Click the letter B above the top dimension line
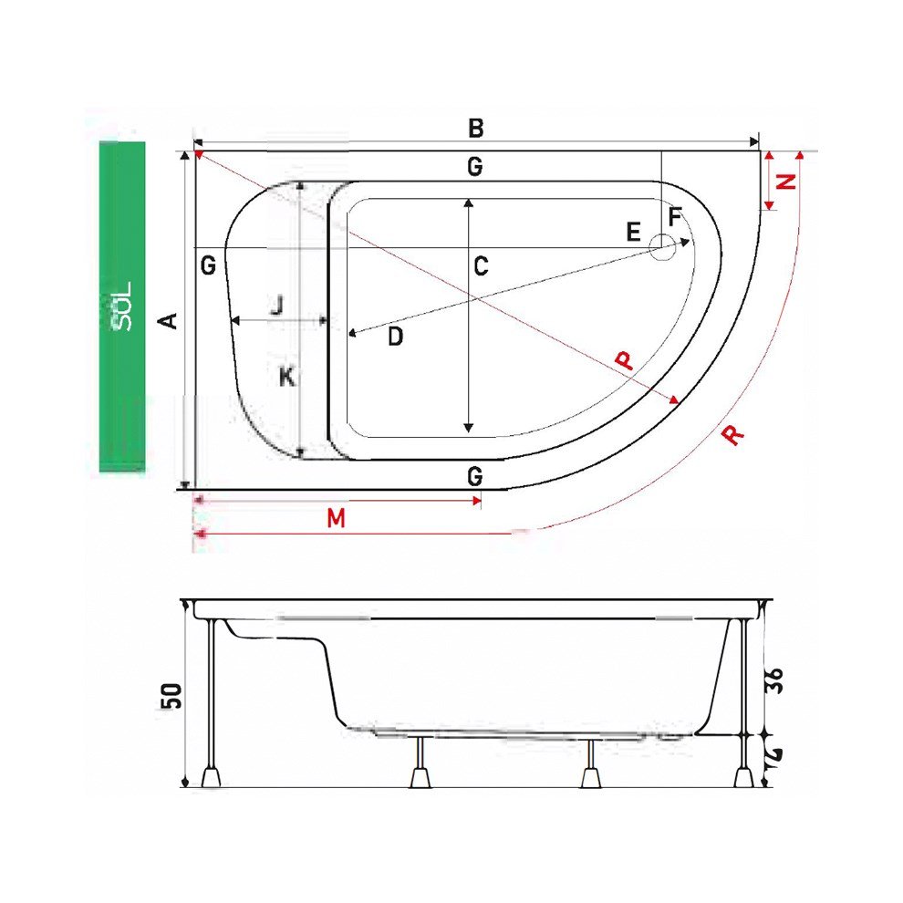coord(475,128)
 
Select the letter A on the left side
coord(168,320)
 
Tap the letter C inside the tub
coord(481,266)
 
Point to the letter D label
coord(395,337)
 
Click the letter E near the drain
coord(634,232)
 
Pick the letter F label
coord(674,217)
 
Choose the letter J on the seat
coord(276,305)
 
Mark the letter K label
coord(286,376)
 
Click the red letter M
coord(337,518)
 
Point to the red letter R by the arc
coord(732,434)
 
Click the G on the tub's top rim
coord(473,167)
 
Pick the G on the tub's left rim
coord(208,266)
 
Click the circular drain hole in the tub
coord(663,244)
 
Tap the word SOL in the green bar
coord(124,306)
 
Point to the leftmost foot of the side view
coord(212,777)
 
